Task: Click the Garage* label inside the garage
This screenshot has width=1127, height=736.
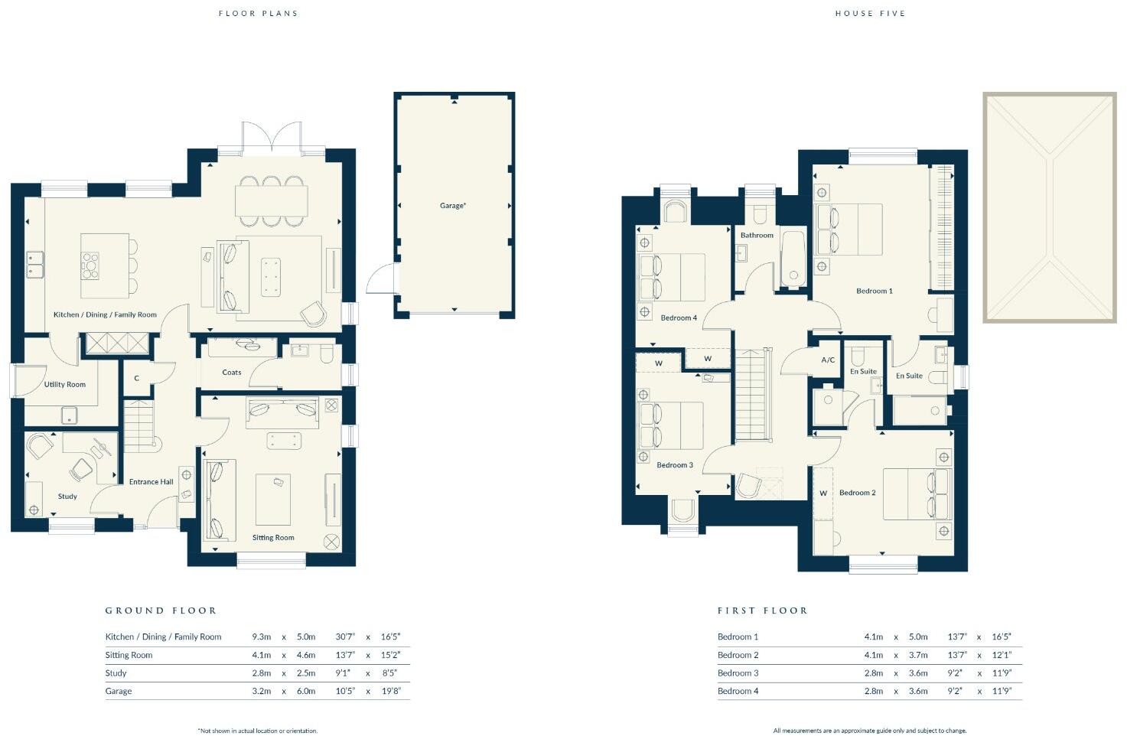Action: pyautogui.click(x=452, y=206)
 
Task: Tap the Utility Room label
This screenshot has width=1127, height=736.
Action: pyautogui.click(x=65, y=385)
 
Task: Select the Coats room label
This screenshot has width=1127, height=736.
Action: pyautogui.click(x=232, y=373)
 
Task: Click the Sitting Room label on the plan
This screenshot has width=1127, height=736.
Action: pyautogui.click(x=273, y=538)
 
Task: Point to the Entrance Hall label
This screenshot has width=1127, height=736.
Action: pyautogui.click(x=151, y=482)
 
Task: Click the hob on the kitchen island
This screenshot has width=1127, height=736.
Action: pyautogui.click(x=90, y=265)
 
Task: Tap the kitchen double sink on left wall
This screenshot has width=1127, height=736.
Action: pyautogui.click(x=35, y=263)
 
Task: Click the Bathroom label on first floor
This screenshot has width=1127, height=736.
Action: pyautogui.click(x=757, y=236)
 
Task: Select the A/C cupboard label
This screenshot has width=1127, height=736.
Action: pyautogui.click(x=828, y=360)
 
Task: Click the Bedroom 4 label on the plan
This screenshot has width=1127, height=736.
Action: pyautogui.click(x=679, y=318)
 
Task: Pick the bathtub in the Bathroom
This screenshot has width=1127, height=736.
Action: pyautogui.click(x=793, y=259)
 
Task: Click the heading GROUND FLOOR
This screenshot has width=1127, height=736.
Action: pyautogui.click(x=161, y=611)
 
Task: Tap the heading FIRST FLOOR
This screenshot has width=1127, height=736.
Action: pyautogui.click(x=762, y=611)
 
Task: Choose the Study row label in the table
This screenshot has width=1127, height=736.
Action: pyautogui.click(x=116, y=673)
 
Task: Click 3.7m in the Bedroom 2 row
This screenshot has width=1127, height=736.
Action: pyautogui.click(x=918, y=656)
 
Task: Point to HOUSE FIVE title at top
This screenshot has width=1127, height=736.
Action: pyautogui.click(x=870, y=14)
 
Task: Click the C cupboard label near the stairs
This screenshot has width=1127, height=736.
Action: pyautogui.click(x=137, y=379)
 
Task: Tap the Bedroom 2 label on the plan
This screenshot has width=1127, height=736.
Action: pyautogui.click(x=857, y=493)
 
